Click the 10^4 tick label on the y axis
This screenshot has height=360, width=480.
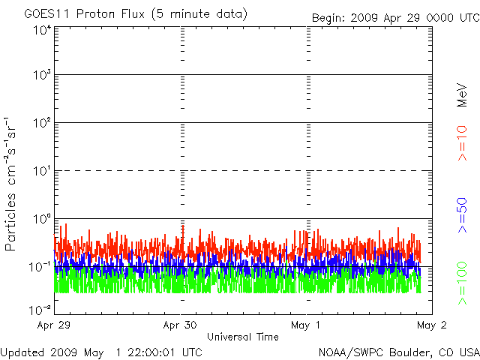pyautogui.click(x=41, y=29)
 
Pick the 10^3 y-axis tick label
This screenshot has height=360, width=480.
pyautogui.click(x=41, y=76)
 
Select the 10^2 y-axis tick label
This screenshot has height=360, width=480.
pyautogui.click(x=41, y=124)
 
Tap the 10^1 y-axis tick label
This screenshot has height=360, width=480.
pyautogui.click(x=41, y=172)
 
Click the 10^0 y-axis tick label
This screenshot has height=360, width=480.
pyautogui.click(x=41, y=220)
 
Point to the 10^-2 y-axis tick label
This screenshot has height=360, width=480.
pyautogui.click(x=40, y=310)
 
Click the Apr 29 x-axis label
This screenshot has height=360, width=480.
pyautogui.click(x=54, y=326)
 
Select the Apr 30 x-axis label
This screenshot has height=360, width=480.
pyautogui.click(x=180, y=326)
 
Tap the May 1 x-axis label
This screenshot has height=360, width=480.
pyautogui.click(x=307, y=326)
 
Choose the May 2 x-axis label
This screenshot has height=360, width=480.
pyautogui.click(x=430, y=326)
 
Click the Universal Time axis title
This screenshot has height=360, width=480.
pyautogui.click(x=243, y=337)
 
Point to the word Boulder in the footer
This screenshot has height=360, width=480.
pyautogui.click(x=397, y=352)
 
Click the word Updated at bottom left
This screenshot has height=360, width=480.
pyautogui.click(x=22, y=352)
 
